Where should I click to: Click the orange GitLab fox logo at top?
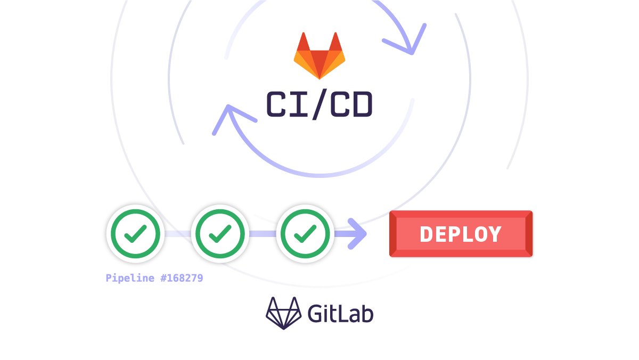pyautogui.click(x=319, y=56)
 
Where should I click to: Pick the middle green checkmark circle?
pyautogui.click(x=220, y=233)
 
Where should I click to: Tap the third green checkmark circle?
pyautogui.click(x=306, y=233)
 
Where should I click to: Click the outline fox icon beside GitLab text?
pyautogui.click(x=283, y=313)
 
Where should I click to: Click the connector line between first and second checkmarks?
pyautogui.click(x=177, y=234)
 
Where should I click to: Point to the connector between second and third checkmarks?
pyautogui.click(x=263, y=234)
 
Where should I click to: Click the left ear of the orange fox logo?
pyautogui.click(x=303, y=41)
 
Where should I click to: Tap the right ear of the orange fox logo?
pyautogui.click(x=335, y=41)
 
